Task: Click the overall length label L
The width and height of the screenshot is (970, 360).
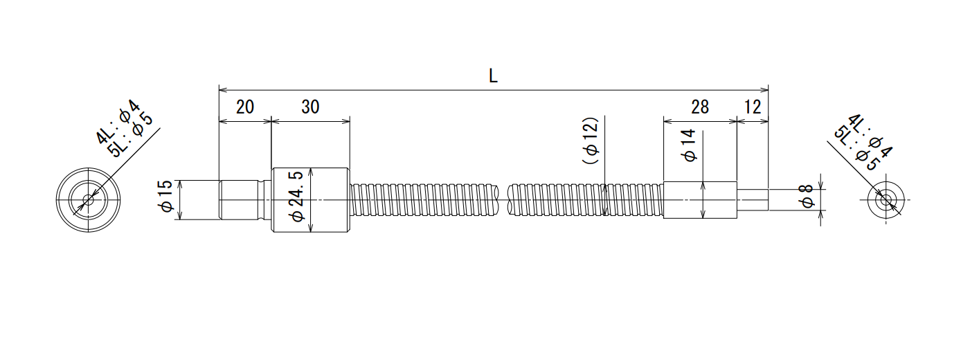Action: (x=493, y=76)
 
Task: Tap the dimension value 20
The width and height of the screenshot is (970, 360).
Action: (x=244, y=107)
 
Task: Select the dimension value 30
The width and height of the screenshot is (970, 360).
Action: (x=310, y=107)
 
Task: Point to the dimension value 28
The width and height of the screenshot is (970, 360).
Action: (x=700, y=107)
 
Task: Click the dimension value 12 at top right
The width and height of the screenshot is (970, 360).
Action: (x=753, y=107)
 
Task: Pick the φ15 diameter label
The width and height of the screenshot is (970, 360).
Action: (x=166, y=196)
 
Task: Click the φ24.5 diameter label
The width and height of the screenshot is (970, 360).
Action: (x=297, y=196)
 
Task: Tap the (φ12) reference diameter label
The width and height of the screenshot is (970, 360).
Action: (x=591, y=141)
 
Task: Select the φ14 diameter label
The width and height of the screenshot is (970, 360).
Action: (x=688, y=145)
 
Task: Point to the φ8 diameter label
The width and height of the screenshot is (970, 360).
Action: (x=807, y=196)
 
